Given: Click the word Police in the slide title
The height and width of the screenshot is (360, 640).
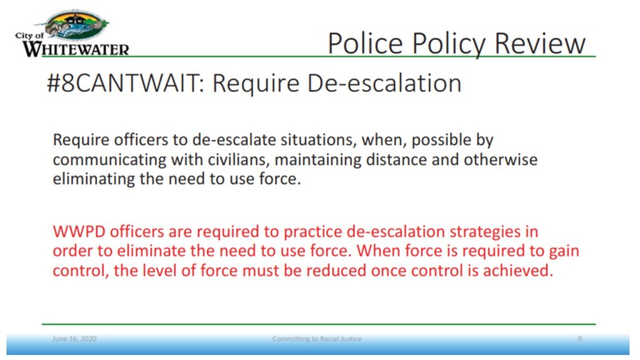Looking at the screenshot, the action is click(365, 43).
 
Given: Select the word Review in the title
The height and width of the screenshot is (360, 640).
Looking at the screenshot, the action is click(540, 43).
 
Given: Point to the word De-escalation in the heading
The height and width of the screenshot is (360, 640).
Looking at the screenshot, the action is click(384, 83).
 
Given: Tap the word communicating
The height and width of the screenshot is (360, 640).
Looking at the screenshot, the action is click(109, 160).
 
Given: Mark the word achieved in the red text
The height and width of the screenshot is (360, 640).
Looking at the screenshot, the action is click(518, 271).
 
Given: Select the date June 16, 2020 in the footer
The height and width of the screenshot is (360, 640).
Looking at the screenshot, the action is click(74, 339).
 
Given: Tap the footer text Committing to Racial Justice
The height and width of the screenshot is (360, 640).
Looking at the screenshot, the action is click(317, 339).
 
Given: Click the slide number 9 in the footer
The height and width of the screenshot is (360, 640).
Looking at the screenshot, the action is click(579, 339).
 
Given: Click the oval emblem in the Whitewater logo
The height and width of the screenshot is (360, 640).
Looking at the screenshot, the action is click(76, 25).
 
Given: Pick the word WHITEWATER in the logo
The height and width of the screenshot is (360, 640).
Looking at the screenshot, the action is click(76, 49).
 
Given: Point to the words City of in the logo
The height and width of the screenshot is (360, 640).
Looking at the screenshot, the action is click(29, 36).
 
